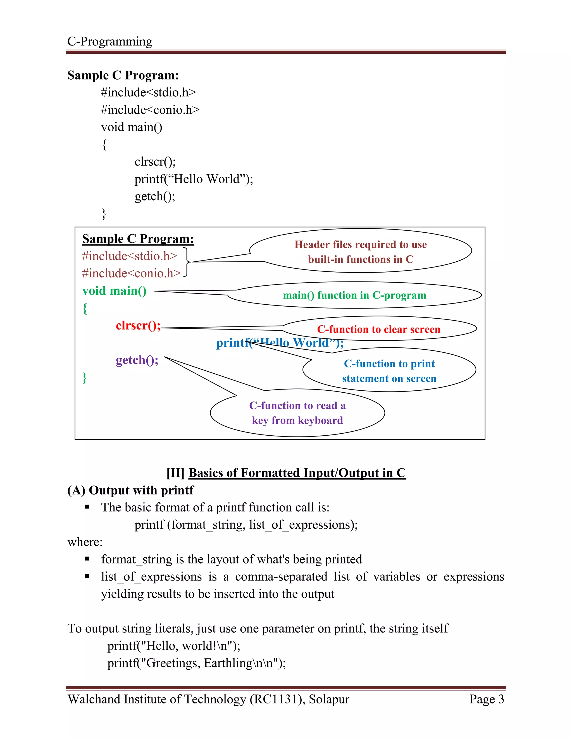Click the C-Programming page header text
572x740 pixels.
[110, 41]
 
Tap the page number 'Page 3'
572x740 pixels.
[487, 699]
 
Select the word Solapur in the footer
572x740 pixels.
[329, 699]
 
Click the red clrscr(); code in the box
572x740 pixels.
[138, 326]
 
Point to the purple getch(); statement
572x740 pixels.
[137, 360]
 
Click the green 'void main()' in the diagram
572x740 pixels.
[114, 291]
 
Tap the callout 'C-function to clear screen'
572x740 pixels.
[378, 329]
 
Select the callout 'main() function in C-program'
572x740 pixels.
[354, 295]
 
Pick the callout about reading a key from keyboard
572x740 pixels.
[297, 413]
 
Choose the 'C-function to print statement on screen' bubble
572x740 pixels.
[389, 371]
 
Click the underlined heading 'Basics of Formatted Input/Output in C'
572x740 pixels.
[297, 473]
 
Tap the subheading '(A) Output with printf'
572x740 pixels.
[130, 490]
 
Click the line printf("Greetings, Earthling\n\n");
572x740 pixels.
[197, 663]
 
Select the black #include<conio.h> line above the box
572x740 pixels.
[150, 110]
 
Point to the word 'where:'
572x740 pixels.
[85, 542]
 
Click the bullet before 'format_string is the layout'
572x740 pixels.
[87, 559]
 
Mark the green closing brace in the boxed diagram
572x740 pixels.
[84, 378]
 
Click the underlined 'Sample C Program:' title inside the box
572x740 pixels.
[138, 239]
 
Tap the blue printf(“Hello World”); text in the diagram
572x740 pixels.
[280, 343]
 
